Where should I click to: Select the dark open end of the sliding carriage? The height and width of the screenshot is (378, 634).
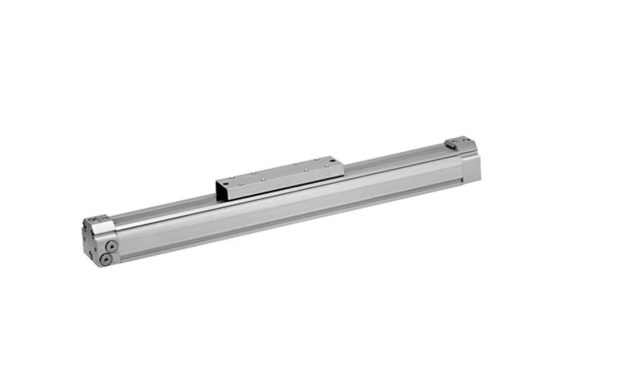(222, 190)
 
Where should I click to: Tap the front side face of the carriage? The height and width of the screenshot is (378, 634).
(284, 182)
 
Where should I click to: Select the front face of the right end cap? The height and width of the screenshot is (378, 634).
(471, 169)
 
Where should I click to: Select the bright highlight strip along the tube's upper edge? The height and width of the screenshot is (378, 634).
(284, 195)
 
